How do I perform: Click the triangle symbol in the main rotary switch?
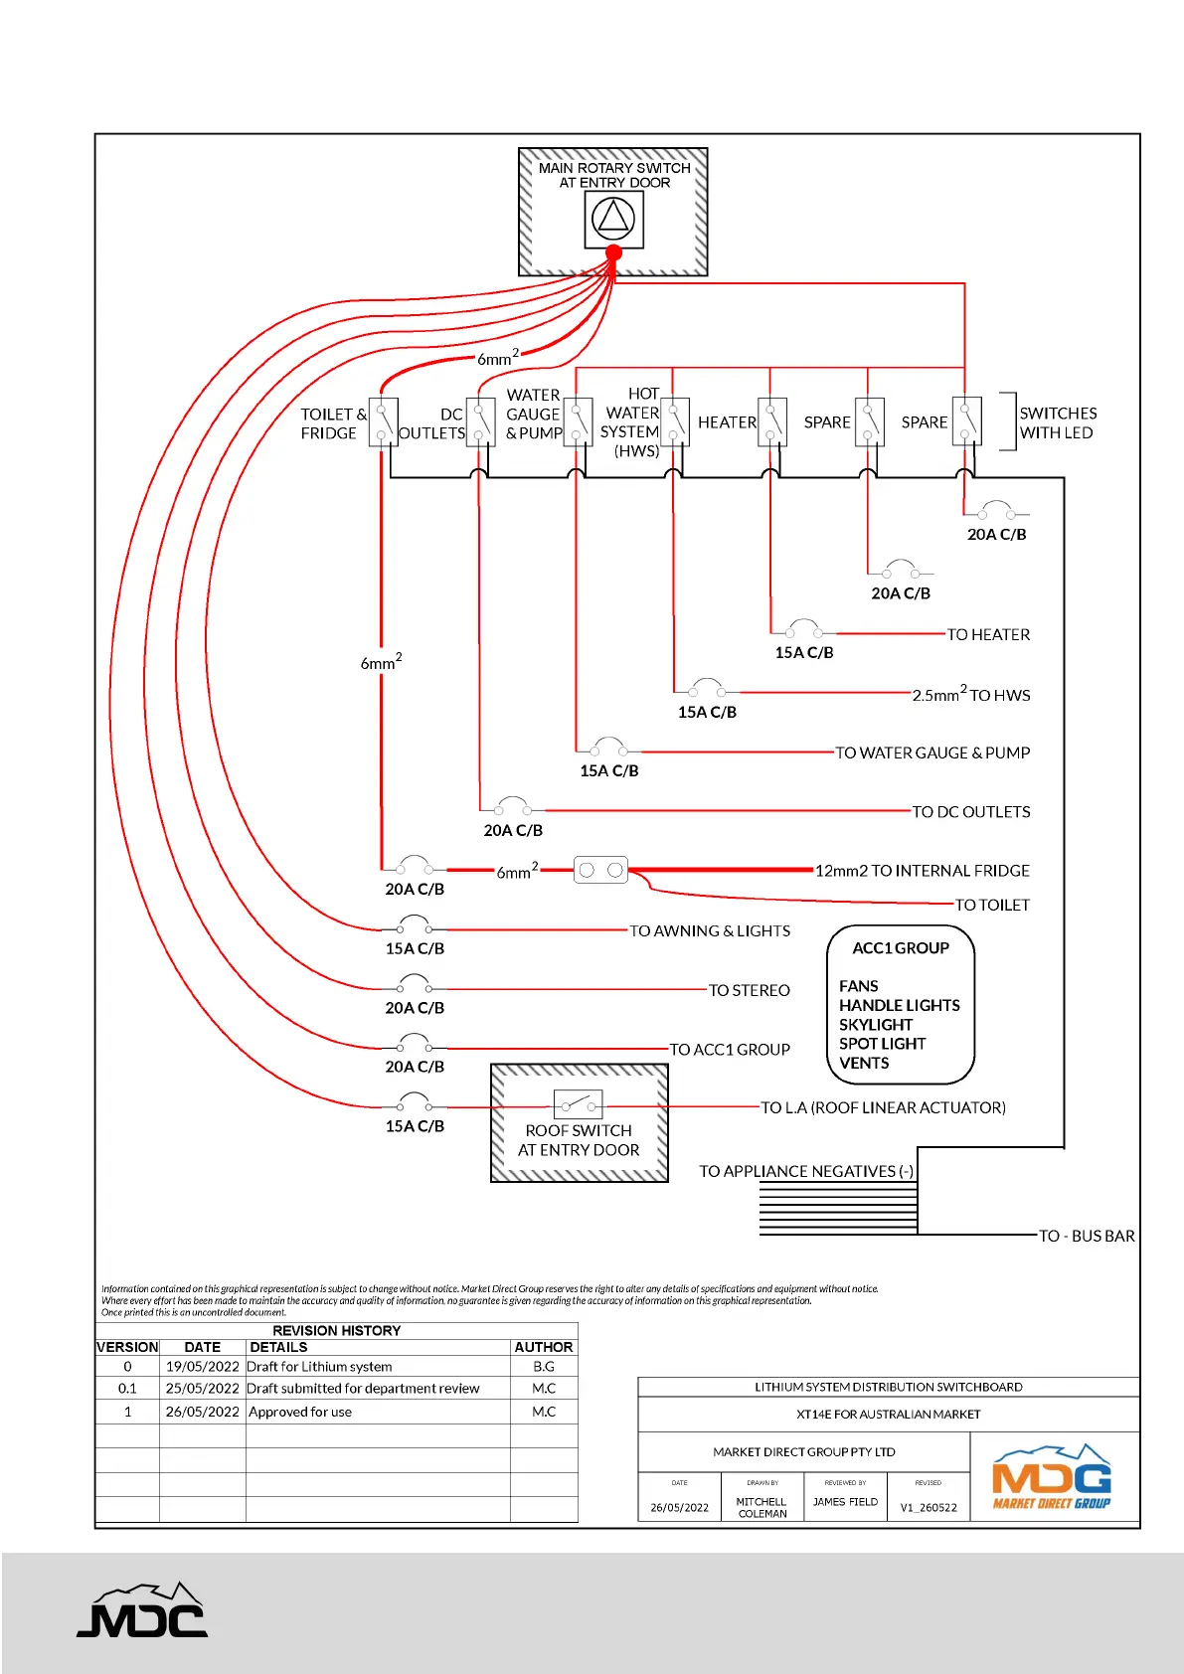613,218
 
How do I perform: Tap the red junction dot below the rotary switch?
613,252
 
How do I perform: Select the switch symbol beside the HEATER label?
772,421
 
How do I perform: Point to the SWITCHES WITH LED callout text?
1057,422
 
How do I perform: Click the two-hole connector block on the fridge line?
600,870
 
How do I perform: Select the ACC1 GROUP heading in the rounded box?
900,948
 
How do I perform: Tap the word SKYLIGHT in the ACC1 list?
875,1025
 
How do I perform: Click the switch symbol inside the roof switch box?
578,1104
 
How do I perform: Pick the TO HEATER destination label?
987,634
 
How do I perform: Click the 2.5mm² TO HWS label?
970,695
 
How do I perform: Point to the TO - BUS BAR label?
1086,1236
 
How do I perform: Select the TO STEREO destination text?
749,990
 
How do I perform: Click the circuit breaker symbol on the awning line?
414,926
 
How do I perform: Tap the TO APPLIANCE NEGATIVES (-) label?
805,1171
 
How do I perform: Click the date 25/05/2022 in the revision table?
202,1389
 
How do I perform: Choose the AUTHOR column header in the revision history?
543,1347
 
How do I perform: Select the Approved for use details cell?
300,1412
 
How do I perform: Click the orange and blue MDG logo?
1052,1477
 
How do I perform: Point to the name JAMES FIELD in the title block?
845,1502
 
